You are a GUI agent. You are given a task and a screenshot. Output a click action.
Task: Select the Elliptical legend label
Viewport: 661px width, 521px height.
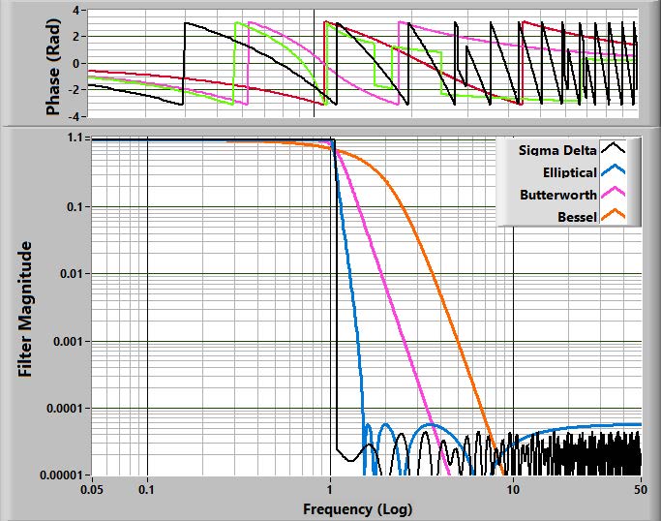[565, 172]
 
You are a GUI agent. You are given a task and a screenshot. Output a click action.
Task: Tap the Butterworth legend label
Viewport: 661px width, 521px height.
[558, 195]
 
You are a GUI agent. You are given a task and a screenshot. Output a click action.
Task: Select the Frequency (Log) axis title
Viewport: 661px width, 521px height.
[358, 508]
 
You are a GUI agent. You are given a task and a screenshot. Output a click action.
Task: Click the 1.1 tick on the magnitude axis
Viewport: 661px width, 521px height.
[76, 138]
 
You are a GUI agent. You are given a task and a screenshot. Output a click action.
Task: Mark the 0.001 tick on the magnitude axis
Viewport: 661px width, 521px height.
[68, 341]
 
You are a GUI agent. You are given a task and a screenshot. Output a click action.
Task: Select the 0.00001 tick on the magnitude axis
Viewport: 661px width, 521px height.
[60, 475]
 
